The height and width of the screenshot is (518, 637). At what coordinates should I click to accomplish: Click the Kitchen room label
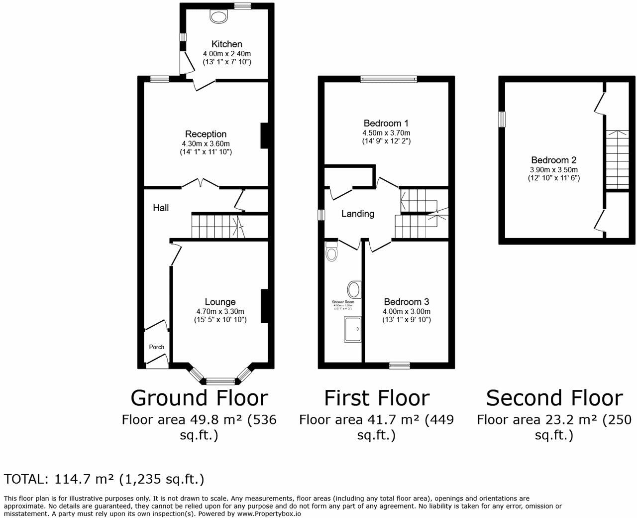point(226,44)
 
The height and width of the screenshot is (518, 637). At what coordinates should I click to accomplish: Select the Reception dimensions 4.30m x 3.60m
point(206,143)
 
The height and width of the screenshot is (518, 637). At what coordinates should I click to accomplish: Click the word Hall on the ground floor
point(160,208)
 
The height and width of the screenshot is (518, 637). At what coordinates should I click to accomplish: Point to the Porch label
point(157,347)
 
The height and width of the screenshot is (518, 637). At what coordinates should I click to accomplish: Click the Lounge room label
point(220,302)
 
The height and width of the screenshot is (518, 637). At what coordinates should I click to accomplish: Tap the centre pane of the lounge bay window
point(220,382)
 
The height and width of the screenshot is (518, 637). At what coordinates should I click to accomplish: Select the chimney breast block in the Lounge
point(265,306)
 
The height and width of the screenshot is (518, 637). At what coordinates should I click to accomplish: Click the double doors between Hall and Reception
point(201,183)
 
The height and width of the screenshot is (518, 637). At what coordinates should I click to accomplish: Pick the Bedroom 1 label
point(386,124)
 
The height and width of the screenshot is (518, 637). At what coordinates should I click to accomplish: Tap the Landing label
point(357,214)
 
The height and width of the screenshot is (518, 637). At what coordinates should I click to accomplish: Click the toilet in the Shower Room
point(330,253)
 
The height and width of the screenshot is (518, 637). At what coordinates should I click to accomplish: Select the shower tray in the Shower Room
point(353,330)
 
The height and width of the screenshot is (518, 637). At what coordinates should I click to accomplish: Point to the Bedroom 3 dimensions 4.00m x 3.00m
point(406,311)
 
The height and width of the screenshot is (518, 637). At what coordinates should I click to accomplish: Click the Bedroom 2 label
point(553,160)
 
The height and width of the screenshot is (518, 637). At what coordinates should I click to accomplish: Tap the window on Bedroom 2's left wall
point(502,120)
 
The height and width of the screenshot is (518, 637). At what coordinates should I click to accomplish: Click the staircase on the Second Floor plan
point(616,159)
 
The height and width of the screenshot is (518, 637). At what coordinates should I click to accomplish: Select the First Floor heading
point(376,398)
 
